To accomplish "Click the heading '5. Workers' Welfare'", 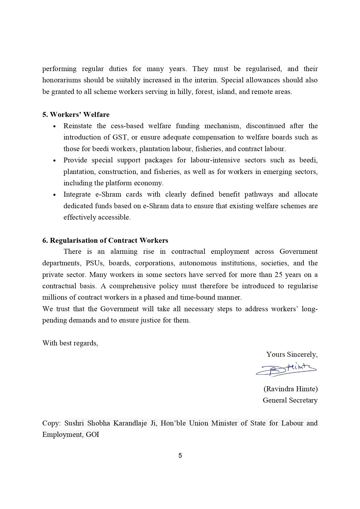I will pos(76,115).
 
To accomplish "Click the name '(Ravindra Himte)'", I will pos(290,389).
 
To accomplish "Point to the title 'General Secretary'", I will pos(290,400).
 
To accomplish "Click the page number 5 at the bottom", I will pos(180,456).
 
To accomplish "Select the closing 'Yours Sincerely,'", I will pos(292,354).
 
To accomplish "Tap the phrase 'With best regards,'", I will pos(70,343).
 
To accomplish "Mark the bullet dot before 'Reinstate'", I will pos(54,126).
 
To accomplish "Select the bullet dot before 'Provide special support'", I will pos(54,161).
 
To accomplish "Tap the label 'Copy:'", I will pos(51,423).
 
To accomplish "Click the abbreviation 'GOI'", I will pos(93,434).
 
